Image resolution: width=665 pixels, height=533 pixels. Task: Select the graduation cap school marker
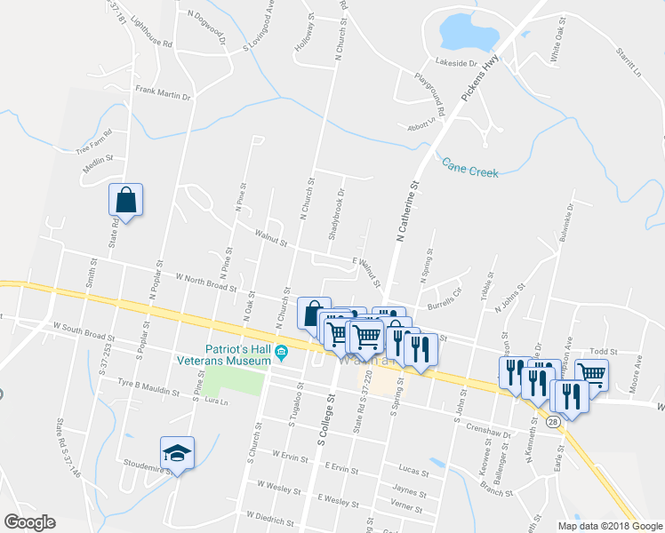click(x=177, y=453)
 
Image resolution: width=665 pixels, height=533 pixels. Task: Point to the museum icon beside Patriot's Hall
click(x=282, y=352)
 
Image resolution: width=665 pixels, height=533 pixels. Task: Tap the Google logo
click(x=29, y=522)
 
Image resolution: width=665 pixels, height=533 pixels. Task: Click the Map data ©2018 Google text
click(x=610, y=526)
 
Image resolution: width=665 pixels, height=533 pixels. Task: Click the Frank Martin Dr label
click(x=164, y=92)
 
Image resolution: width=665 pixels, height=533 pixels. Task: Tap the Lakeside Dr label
click(x=457, y=64)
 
